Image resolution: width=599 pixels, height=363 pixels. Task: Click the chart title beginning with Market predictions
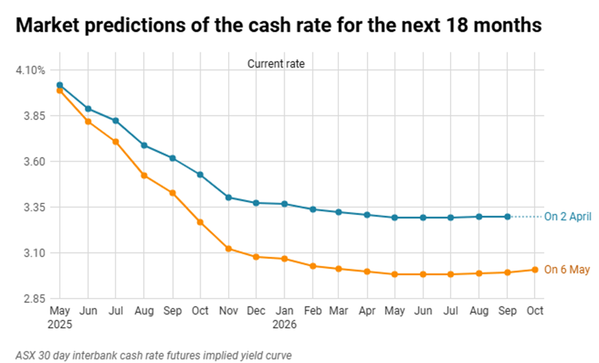coord(278,25)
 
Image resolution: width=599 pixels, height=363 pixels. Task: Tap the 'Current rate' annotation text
coord(276,64)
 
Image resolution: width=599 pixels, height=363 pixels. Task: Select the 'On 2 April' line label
coord(567,217)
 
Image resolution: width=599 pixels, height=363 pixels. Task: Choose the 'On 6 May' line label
coord(567,270)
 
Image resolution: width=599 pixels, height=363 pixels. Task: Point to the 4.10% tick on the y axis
coord(30,70)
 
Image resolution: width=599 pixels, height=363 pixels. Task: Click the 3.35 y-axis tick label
coord(34,207)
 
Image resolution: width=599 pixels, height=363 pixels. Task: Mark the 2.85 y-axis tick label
coord(34,299)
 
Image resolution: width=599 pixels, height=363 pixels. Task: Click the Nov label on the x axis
coord(228,311)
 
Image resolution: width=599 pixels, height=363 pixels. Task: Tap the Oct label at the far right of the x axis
coord(535,311)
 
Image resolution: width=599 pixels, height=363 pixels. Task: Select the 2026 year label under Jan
coord(284,324)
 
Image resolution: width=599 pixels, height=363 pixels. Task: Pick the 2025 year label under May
coord(60,324)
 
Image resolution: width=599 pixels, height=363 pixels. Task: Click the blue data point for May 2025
coord(60,85)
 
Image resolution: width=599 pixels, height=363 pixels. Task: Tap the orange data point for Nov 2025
coord(228,249)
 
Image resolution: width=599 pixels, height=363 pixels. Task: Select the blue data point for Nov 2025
coord(228,198)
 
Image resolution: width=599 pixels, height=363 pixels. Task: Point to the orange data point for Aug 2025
coord(144,175)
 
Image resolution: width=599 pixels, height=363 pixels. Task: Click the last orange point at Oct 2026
coord(535,270)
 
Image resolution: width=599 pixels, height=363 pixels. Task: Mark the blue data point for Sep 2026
coord(507,217)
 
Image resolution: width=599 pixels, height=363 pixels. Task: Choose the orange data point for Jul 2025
coord(116,142)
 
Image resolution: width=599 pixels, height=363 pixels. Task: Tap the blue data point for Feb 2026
coord(312,209)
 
